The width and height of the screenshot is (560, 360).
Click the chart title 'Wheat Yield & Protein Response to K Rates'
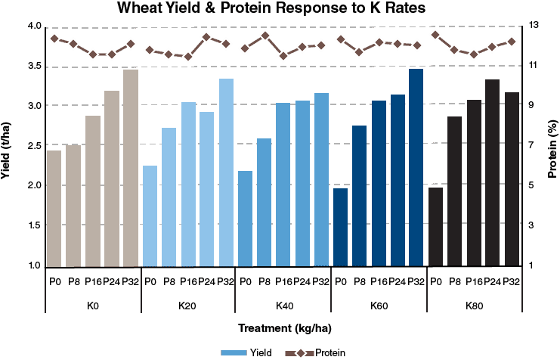[x=280, y=10]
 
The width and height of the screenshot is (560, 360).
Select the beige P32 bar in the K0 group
[x=131, y=168]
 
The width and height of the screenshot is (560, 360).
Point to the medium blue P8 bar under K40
[x=264, y=202]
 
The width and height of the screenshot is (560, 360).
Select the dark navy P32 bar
[x=416, y=168]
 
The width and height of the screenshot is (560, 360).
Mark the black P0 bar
[x=435, y=226]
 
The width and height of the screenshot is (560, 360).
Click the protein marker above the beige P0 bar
[x=54, y=38]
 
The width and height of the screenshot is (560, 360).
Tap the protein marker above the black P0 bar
[x=435, y=35]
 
